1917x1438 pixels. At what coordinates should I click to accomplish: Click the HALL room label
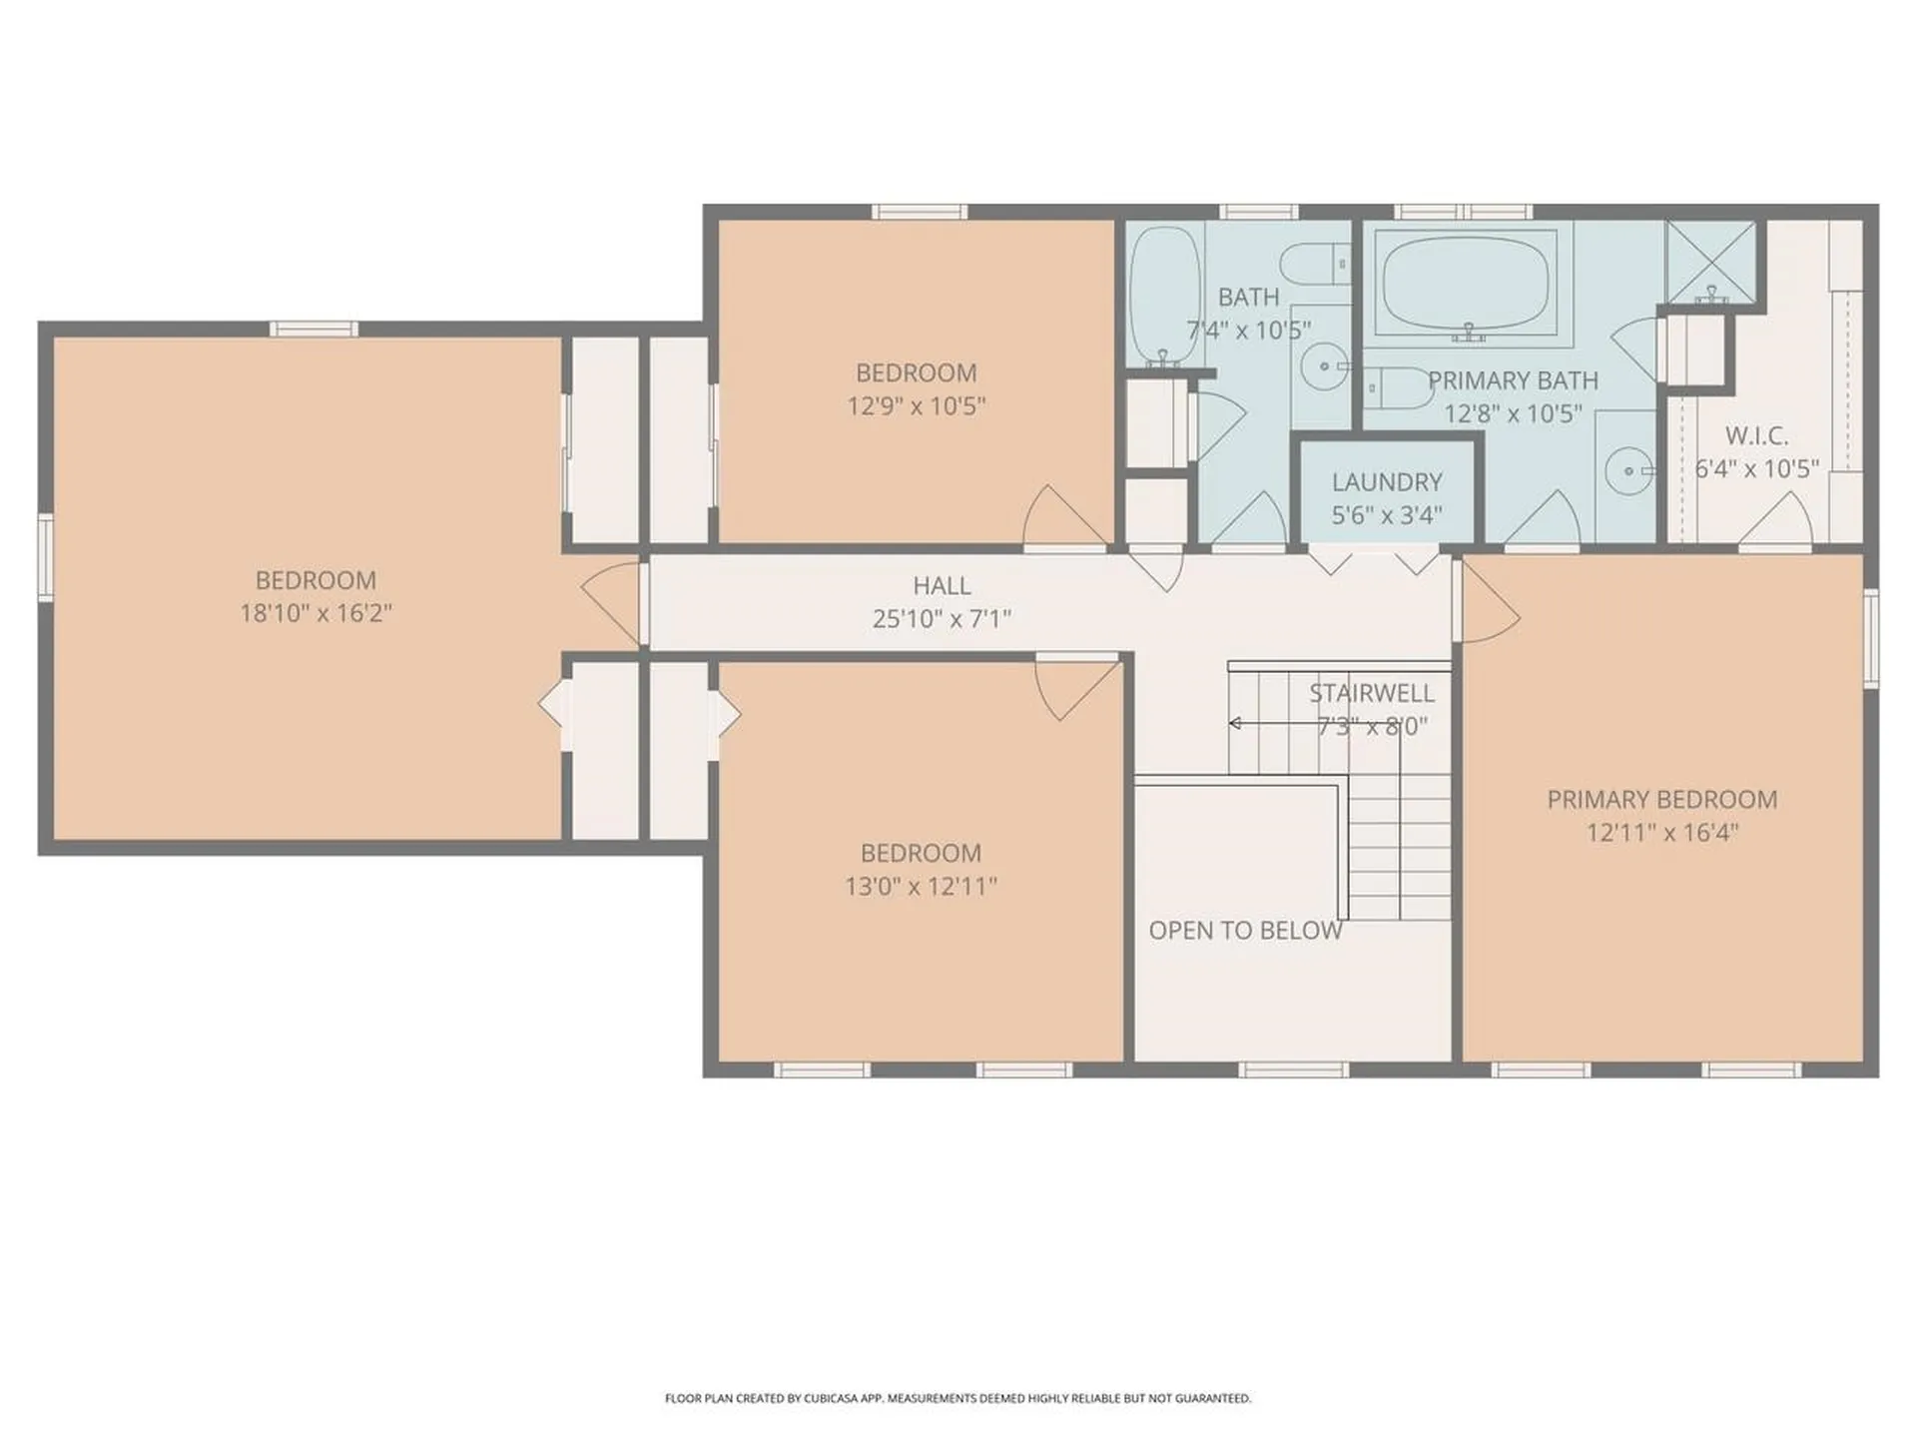point(941,585)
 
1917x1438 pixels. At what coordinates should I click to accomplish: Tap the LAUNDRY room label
point(1387,482)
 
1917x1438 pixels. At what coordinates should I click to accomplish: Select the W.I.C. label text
point(1756,436)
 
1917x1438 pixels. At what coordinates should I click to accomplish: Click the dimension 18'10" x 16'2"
point(316,613)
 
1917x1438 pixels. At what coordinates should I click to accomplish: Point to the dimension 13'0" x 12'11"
point(921,886)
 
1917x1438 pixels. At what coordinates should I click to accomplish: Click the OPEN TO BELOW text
point(1245,931)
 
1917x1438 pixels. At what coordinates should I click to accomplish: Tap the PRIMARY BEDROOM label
point(1661,800)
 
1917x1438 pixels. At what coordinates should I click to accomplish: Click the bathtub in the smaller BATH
point(1164,294)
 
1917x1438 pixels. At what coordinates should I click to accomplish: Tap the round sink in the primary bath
point(1628,470)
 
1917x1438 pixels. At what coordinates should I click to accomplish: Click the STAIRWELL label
point(1371,693)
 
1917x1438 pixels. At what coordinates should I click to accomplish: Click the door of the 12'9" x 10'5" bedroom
point(1064,519)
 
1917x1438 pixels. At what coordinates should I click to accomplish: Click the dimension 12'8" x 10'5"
point(1513,413)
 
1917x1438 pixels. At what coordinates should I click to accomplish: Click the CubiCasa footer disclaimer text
point(958,1398)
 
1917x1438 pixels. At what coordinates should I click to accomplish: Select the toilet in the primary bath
point(1398,386)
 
